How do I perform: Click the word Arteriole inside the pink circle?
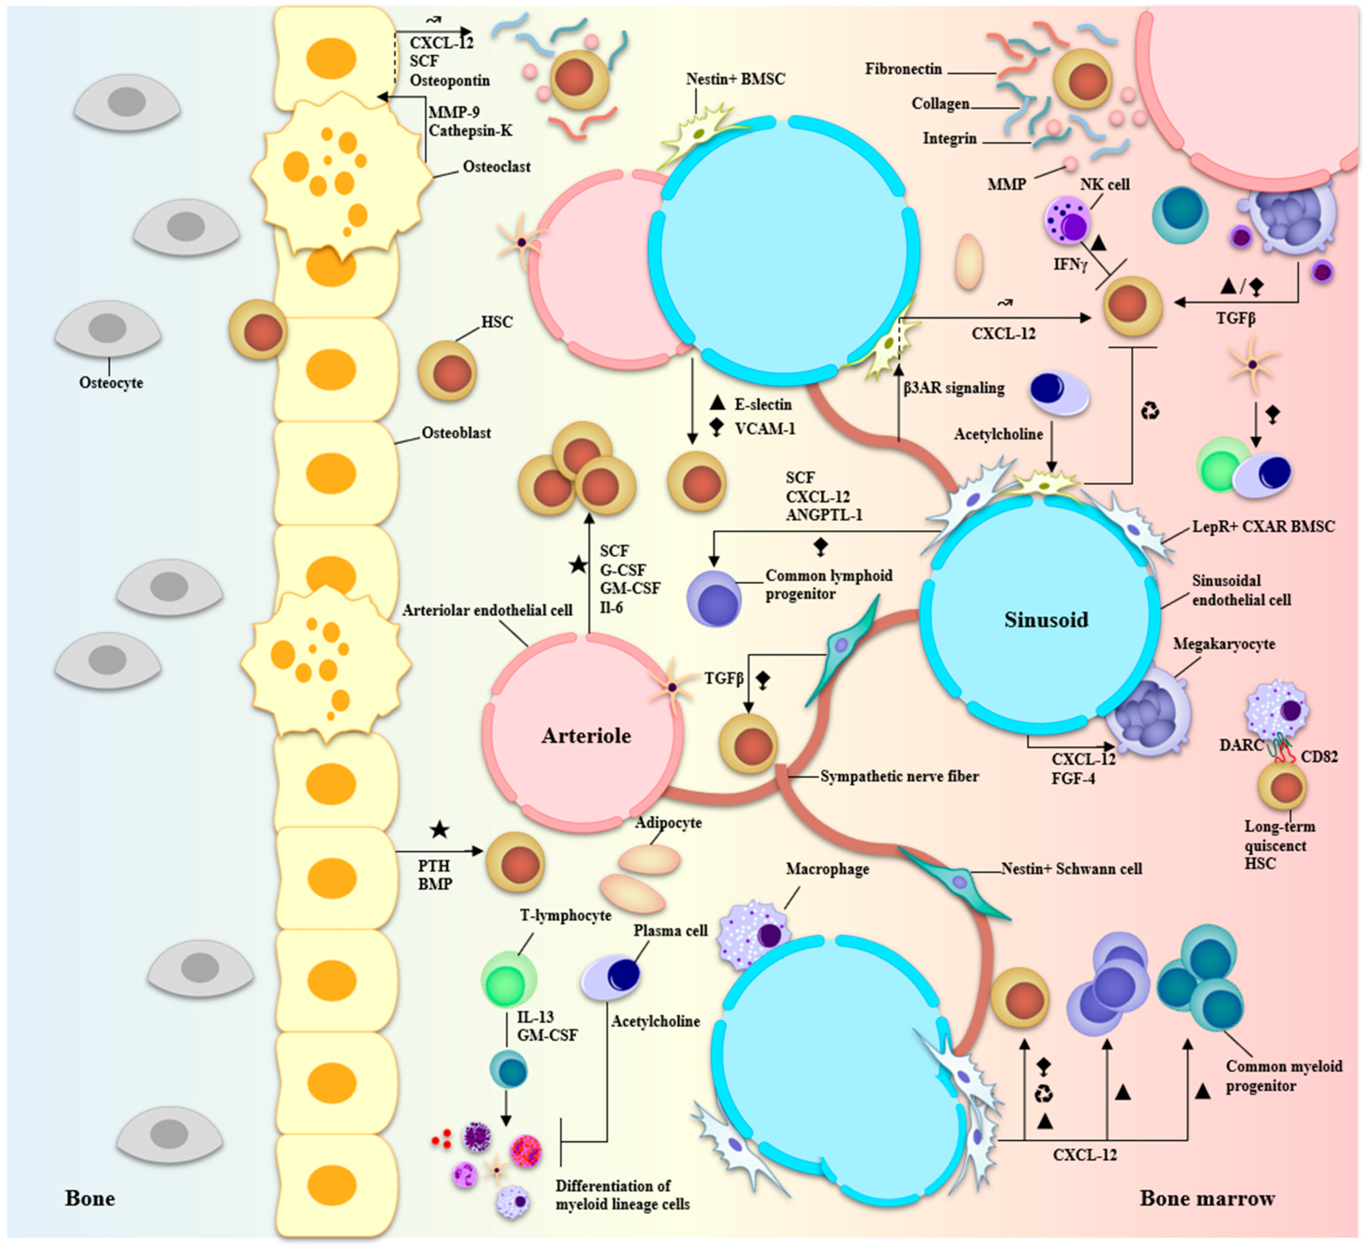[x=586, y=735]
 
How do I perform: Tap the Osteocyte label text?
[x=111, y=382]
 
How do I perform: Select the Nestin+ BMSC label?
[x=735, y=79]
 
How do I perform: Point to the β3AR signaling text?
[x=953, y=388]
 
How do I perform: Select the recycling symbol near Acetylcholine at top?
[x=1150, y=411]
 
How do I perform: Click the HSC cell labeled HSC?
[x=447, y=371]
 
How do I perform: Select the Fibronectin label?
[x=903, y=69]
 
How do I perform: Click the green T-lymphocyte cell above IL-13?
[x=509, y=980]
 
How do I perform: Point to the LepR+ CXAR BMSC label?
[x=1263, y=526]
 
